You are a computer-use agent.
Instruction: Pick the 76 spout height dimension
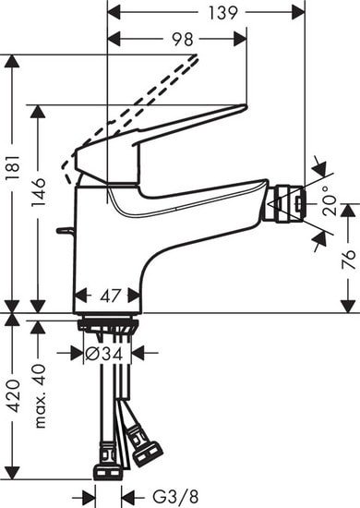point(348,260)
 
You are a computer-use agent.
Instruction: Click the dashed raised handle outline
point(138,102)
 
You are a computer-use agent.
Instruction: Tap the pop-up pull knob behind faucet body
point(64,229)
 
